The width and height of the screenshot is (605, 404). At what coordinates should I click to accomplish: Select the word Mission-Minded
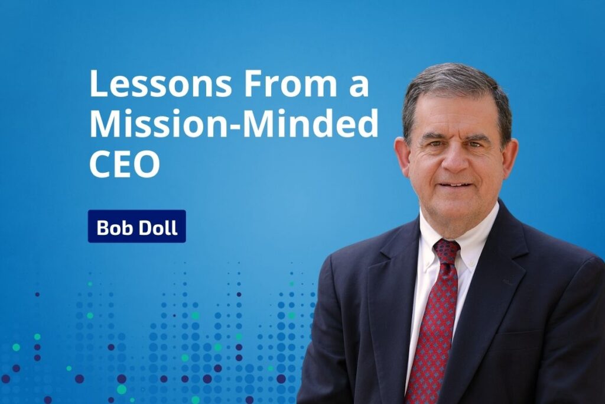[x=234, y=123]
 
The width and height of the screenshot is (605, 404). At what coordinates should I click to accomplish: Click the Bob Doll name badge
[x=137, y=227]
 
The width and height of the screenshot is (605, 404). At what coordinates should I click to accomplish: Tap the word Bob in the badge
[x=114, y=227]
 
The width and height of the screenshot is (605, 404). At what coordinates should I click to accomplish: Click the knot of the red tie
[x=447, y=251]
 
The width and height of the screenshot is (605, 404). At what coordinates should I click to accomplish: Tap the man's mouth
[x=457, y=185]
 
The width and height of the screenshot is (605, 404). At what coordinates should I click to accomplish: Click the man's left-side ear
[x=402, y=155]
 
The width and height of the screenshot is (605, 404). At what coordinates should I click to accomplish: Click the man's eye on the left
[x=435, y=143]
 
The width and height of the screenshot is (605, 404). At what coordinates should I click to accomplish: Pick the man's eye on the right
[x=475, y=144]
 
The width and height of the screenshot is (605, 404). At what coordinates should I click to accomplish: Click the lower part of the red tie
[x=430, y=348]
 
